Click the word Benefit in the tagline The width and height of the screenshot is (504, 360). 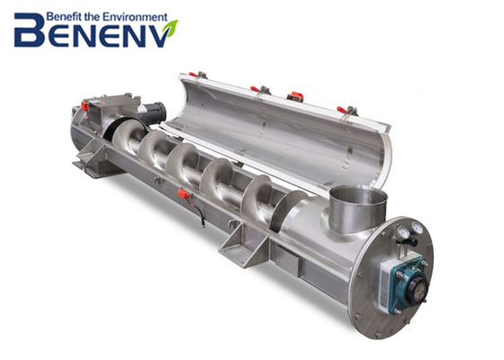[x=64, y=17]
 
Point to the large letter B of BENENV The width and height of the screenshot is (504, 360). [x=30, y=30]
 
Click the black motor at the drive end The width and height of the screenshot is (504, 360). [x=153, y=114]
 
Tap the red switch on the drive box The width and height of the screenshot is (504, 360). [x=85, y=106]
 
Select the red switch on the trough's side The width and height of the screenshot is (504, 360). [x=184, y=193]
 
